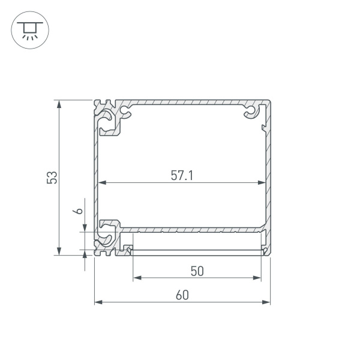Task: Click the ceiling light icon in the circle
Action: tap(28, 28)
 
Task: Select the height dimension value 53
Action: tap(52, 177)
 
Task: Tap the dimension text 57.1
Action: tap(182, 175)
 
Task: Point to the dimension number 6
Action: tap(77, 211)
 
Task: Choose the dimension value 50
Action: tap(197, 271)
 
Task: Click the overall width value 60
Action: tap(182, 295)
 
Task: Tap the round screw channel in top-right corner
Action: tap(249, 112)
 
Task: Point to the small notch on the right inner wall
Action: tap(263, 127)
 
